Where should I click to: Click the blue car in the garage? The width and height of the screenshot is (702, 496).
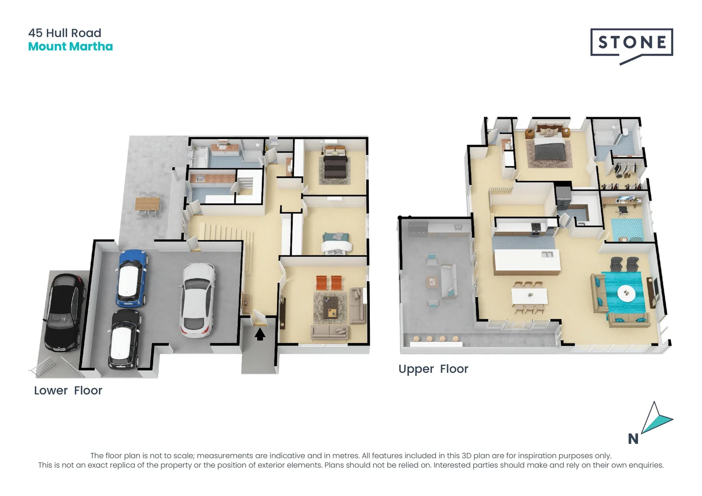tap(132, 278)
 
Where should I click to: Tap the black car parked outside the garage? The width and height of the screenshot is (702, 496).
tap(65, 312)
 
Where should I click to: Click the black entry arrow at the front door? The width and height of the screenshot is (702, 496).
tap(260, 334)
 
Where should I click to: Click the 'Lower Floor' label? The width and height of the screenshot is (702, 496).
tap(68, 390)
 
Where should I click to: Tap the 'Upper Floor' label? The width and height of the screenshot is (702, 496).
tap(433, 369)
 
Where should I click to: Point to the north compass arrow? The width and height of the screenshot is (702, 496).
tap(656, 419)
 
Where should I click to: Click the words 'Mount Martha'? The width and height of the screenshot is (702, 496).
tap(70, 46)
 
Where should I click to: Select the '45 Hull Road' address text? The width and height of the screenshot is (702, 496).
tap(65, 33)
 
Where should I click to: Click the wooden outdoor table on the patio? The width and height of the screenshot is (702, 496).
tap(147, 203)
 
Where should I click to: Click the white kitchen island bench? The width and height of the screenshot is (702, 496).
tap(526, 261)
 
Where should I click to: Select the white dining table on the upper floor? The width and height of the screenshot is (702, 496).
tap(530, 296)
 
